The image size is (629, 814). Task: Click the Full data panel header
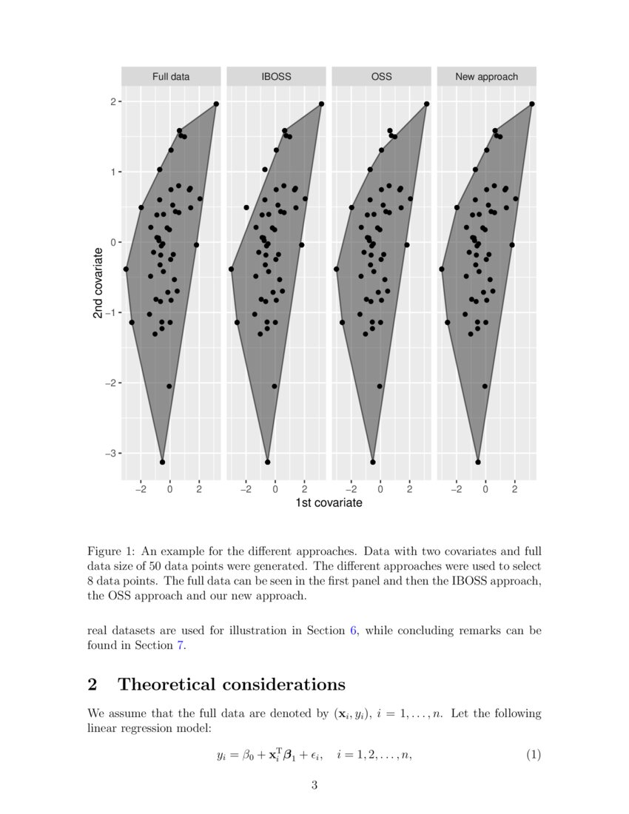click(171, 76)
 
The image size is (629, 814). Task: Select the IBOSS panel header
click(276, 76)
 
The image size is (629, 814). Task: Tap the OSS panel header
click(381, 76)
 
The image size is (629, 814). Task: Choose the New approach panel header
click(486, 76)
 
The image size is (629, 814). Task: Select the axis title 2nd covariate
click(98, 283)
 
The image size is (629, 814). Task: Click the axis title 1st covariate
click(329, 503)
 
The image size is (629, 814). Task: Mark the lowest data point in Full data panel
click(162, 462)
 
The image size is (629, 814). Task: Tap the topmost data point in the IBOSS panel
click(321, 104)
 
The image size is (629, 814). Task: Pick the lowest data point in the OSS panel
click(373, 462)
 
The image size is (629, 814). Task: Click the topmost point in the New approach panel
click(532, 104)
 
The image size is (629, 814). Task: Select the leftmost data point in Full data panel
click(126, 269)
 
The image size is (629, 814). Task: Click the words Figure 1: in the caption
click(112, 551)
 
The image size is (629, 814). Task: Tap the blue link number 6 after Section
click(353, 630)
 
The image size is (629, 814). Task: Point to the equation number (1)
click(534, 755)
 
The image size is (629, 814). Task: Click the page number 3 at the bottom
click(314, 785)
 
